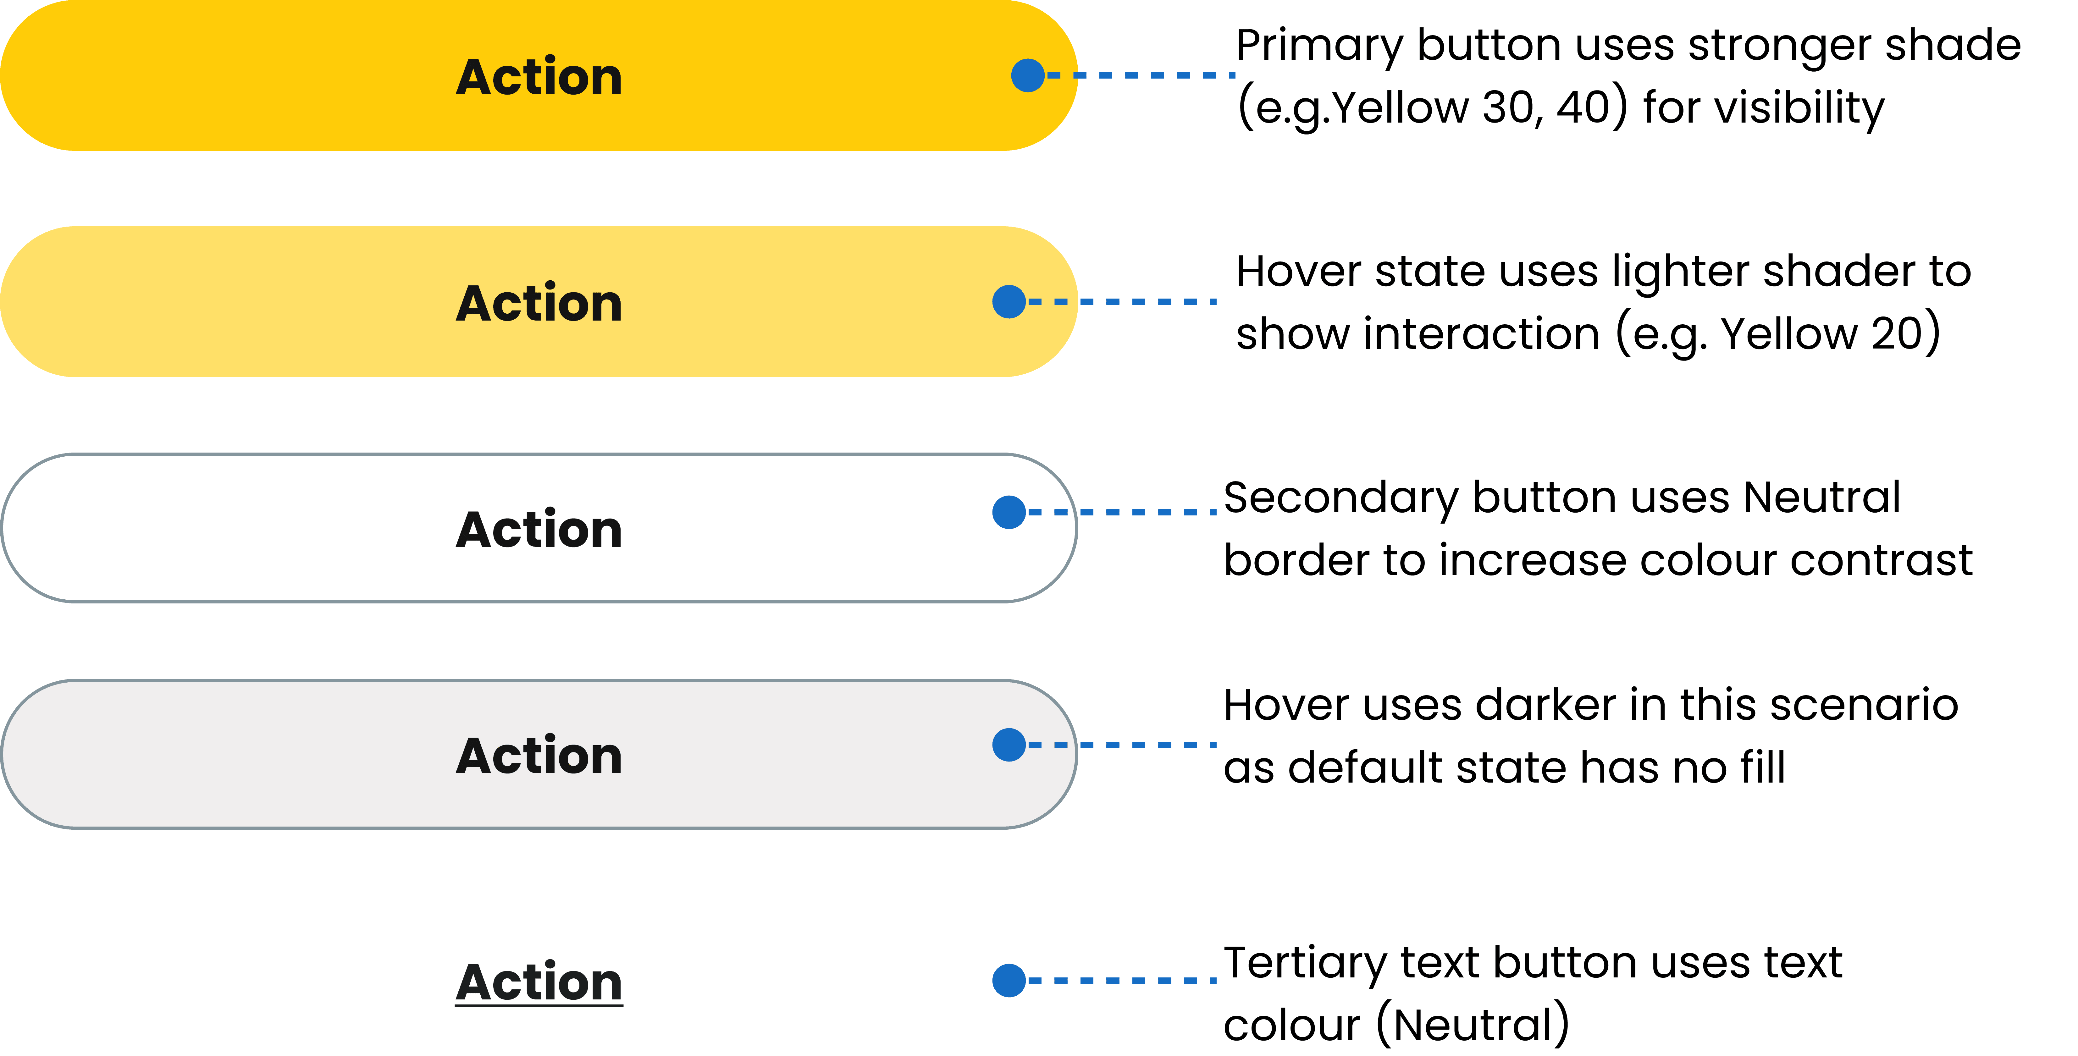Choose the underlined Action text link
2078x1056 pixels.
click(539, 982)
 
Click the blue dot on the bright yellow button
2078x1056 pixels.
click(1028, 75)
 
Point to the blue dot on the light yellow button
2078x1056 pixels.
click(1008, 302)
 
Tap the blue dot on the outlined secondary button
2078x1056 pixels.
click(1008, 512)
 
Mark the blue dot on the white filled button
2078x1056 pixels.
click(1008, 745)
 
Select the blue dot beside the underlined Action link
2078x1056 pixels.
click(1008, 980)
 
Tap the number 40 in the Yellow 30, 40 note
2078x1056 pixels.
click(1583, 107)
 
